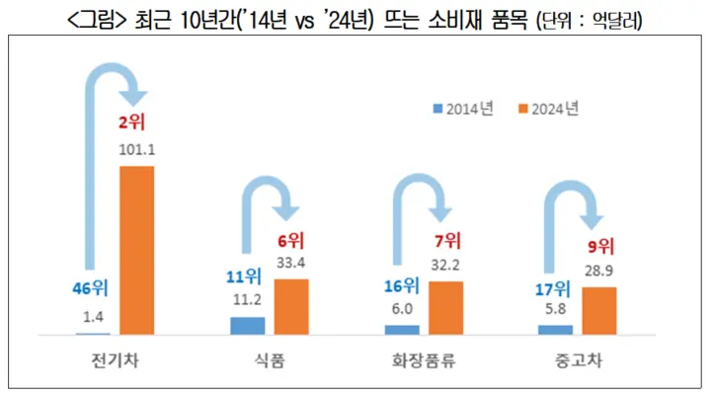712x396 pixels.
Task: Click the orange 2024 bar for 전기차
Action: click(136, 250)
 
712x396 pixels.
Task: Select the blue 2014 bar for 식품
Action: click(247, 325)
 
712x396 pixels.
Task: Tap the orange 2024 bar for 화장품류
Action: click(445, 307)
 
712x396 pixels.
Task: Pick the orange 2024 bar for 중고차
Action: click(598, 310)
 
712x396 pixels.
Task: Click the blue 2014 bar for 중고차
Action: click(556, 329)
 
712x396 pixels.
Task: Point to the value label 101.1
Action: click(136, 151)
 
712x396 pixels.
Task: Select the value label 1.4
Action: click(92, 316)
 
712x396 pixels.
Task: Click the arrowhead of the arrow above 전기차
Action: click(136, 96)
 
